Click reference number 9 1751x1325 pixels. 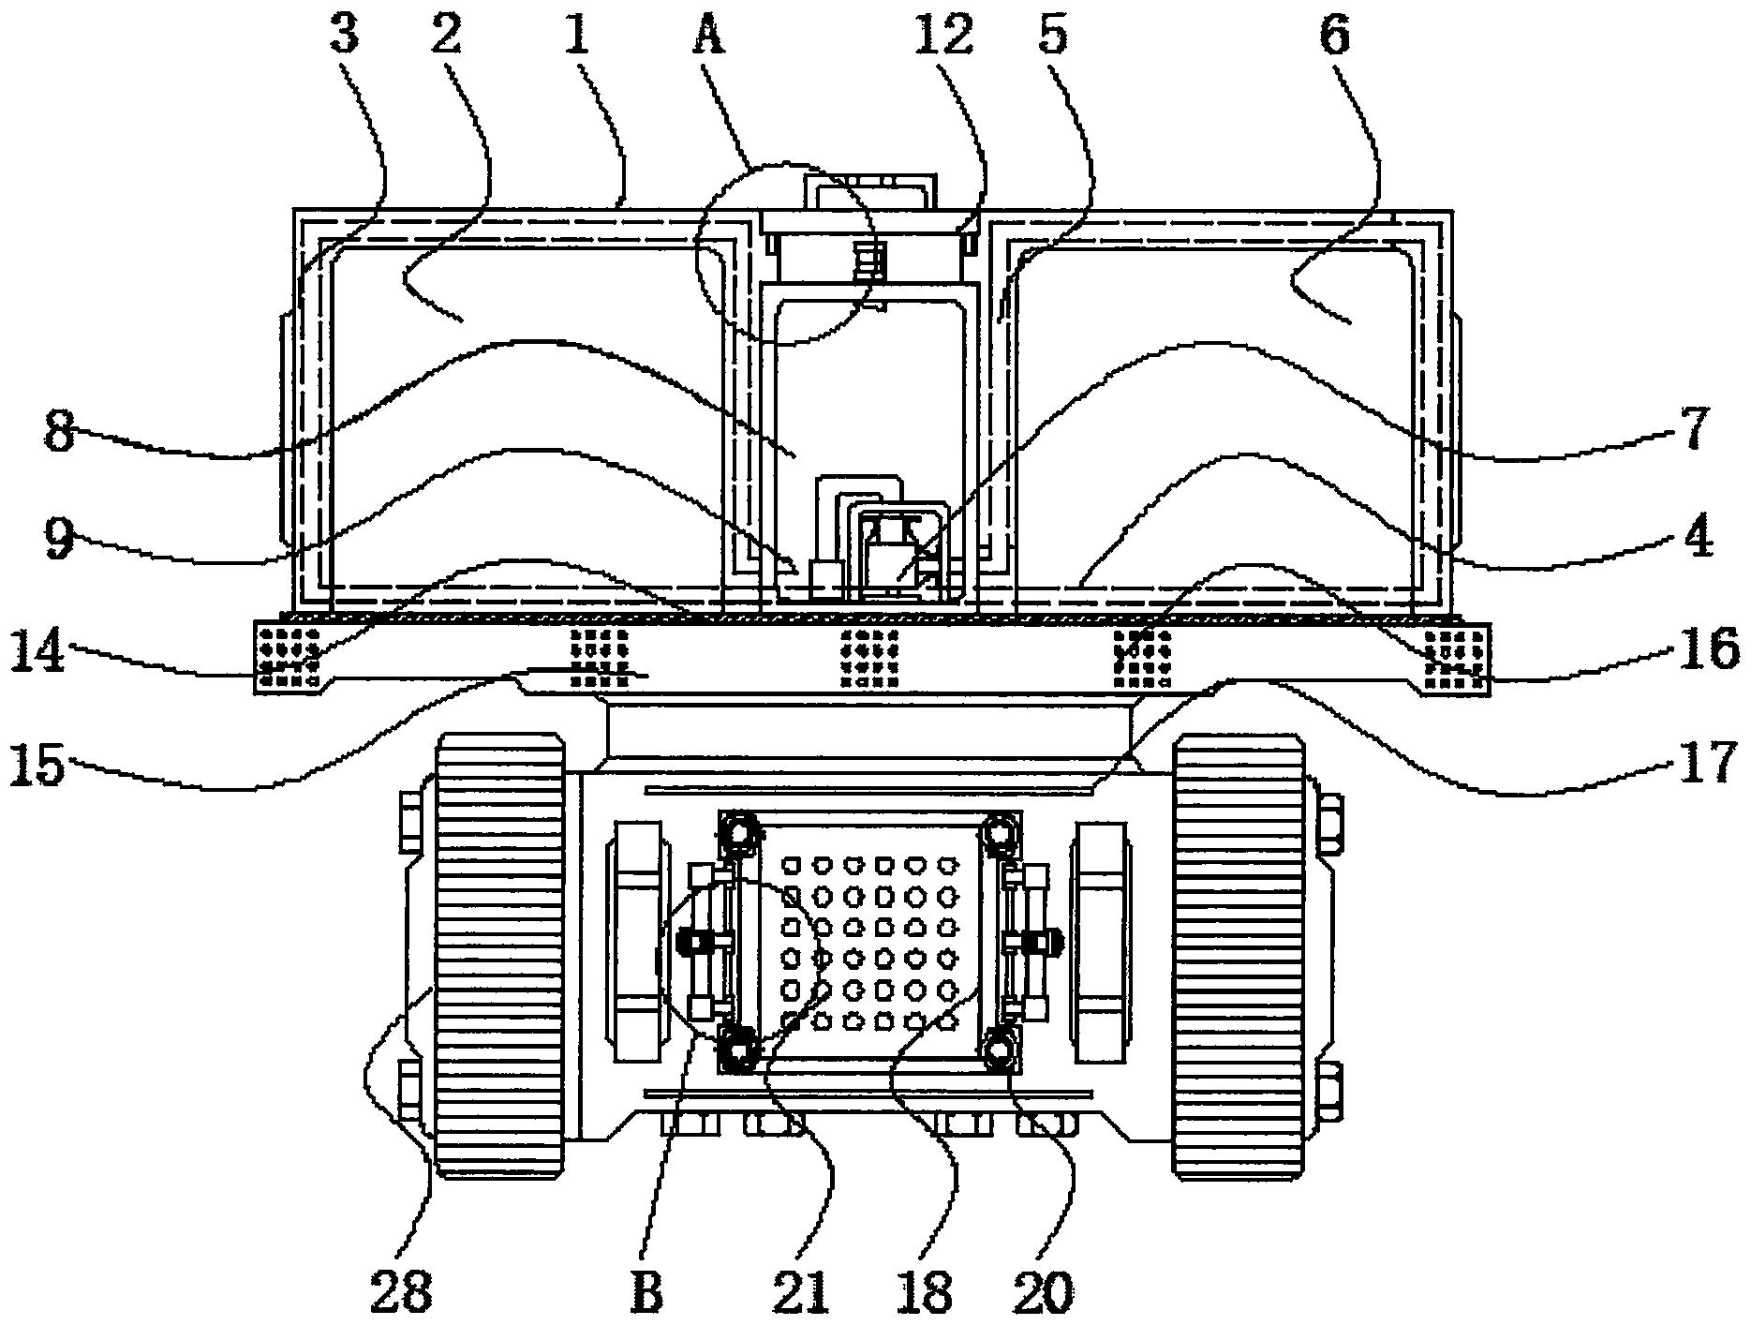click(58, 541)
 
